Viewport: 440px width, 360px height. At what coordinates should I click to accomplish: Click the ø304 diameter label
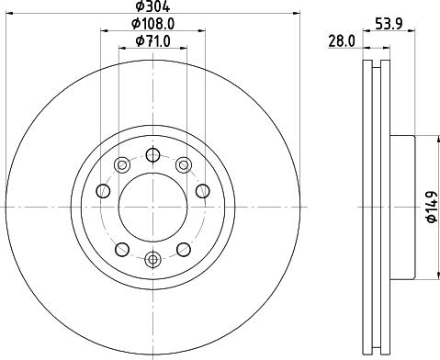click(x=152, y=6)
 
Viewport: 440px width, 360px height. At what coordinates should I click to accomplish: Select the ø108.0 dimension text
click(x=152, y=24)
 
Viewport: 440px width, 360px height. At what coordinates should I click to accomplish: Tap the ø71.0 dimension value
click(x=152, y=40)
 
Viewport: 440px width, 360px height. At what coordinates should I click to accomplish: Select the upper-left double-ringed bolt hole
click(x=121, y=165)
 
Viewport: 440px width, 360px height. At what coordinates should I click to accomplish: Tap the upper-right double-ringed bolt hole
click(x=184, y=165)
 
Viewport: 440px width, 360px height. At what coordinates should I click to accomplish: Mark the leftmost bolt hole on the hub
click(x=103, y=191)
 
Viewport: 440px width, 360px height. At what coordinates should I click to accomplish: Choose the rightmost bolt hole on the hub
click(x=202, y=191)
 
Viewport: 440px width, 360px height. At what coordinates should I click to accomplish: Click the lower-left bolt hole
click(x=121, y=248)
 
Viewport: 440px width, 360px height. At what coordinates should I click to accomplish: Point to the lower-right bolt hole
click(x=184, y=248)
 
